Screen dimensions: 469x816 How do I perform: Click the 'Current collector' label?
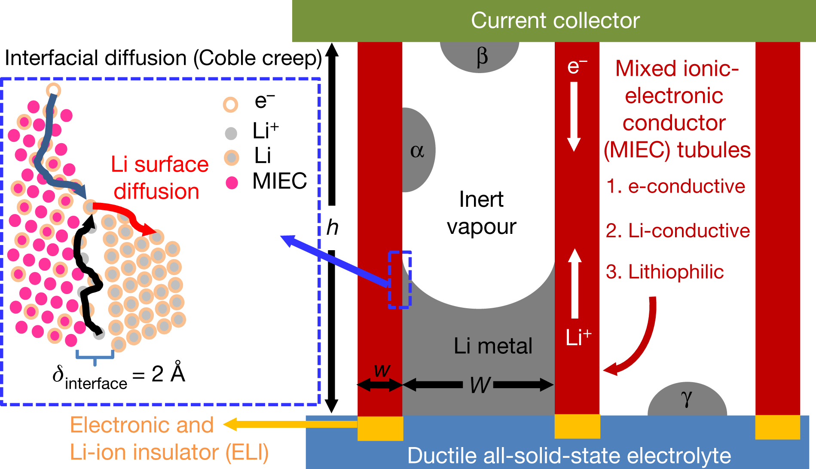pyautogui.click(x=555, y=21)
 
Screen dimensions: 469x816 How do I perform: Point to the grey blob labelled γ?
pyautogui.click(x=687, y=400)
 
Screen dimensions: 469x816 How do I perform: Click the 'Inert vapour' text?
pyautogui.click(x=481, y=213)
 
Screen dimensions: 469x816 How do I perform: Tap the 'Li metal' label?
pyautogui.click(x=493, y=346)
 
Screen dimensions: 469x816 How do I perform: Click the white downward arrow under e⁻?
pyautogui.click(x=574, y=116)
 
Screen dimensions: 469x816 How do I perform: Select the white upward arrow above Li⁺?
pyautogui.click(x=575, y=284)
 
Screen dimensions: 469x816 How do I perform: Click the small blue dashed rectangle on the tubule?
pyautogui.click(x=400, y=279)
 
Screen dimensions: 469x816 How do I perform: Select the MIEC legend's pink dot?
pyautogui.click(x=232, y=183)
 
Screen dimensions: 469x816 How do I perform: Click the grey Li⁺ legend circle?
pyautogui.click(x=231, y=133)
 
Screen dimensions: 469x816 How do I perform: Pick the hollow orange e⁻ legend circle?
pyautogui.click(x=230, y=104)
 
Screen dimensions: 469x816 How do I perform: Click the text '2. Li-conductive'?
pyautogui.click(x=678, y=231)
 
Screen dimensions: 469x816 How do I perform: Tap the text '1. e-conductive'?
pyautogui.click(x=675, y=187)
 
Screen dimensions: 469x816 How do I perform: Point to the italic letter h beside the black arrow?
pyautogui.click(x=332, y=227)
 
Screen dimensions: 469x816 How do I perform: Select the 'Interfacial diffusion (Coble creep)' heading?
pyautogui.click(x=163, y=58)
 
